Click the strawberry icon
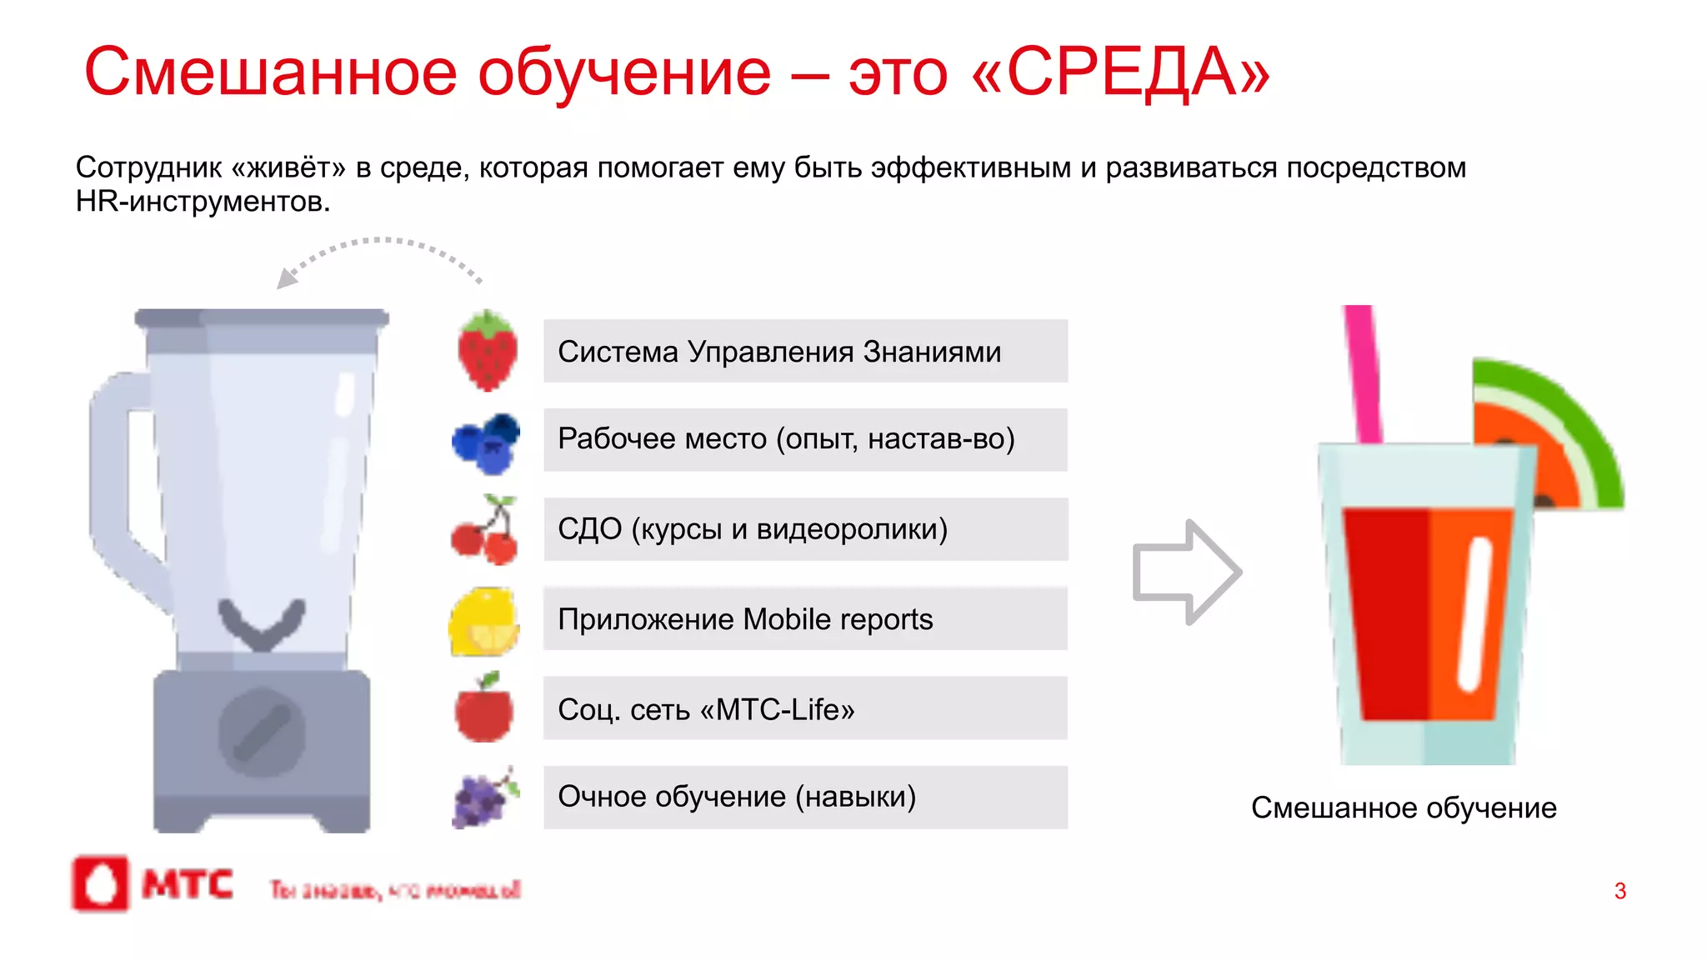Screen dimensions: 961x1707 487,351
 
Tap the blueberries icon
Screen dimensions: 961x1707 486,443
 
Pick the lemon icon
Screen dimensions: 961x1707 484,622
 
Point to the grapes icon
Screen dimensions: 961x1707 483,798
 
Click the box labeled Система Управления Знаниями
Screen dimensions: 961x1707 805,351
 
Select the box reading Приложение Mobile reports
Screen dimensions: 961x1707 805,618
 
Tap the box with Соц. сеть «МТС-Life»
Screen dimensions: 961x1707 805,708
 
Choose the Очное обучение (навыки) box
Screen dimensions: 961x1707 805,797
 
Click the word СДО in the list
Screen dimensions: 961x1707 589,529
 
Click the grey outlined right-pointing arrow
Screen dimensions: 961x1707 1187,572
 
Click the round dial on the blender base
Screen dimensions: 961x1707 262,733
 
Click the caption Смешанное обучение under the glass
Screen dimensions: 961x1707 1404,808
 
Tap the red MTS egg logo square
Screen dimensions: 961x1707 101,883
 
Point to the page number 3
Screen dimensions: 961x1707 1619,891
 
